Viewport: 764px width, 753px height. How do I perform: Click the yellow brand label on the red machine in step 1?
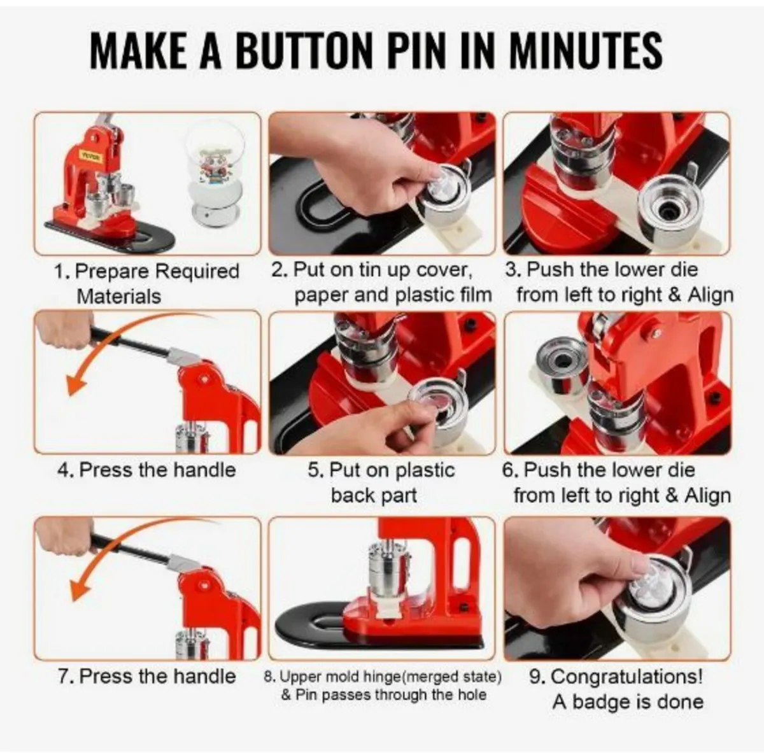pyautogui.click(x=91, y=155)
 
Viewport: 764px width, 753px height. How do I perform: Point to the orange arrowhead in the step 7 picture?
pyautogui.click(x=78, y=589)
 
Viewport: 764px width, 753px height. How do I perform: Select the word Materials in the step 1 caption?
pyautogui.click(x=119, y=296)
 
